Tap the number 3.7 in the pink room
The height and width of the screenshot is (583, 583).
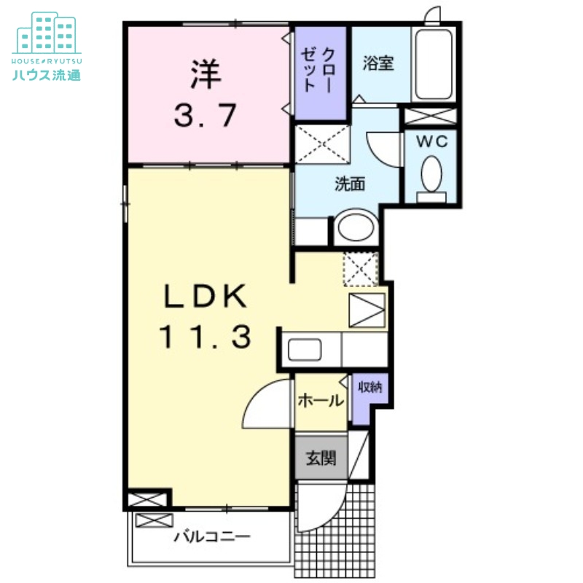(x=206, y=115)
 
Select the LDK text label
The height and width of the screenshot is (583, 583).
(x=206, y=296)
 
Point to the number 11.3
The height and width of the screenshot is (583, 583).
(x=206, y=337)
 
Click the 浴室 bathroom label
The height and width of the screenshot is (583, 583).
(x=378, y=63)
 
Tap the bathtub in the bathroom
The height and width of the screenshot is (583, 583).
(x=434, y=65)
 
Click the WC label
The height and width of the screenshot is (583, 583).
(x=431, y=141)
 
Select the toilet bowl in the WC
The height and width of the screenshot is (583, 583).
(x=431, y=174)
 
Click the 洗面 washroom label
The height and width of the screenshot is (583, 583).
(x=350, y=184)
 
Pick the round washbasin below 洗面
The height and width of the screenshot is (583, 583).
(x=355, y=227)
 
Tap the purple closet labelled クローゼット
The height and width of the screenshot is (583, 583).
(x=321, y=74)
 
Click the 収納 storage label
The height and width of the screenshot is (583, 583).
(x=370, y=388)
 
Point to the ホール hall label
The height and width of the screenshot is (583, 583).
(x=321, y=401)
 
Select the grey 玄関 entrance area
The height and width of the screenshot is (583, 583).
(x=321, y=458)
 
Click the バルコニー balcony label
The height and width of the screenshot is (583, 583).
(x=212, y=536)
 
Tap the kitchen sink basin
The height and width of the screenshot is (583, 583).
(x=305, y=350)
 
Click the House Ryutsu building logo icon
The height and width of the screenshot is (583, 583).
(x=47, y=33)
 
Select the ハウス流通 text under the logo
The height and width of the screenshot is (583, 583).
(x=47, y=75)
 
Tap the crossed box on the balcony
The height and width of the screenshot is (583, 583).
(x=154, y=520)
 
